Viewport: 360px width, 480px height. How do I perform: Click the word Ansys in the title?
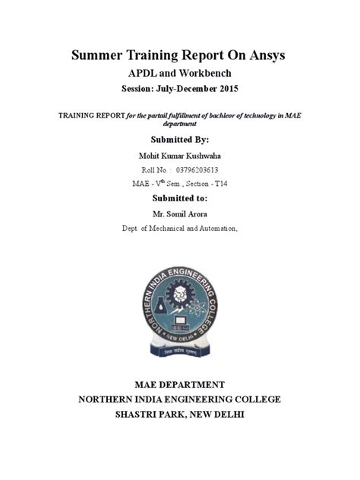pyautogui.click(x=267, y=56)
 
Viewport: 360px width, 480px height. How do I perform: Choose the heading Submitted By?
pyautogui.click(x=179, y=140)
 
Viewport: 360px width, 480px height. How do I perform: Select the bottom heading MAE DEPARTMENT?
pyautogui.click(x=179, y=384)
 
